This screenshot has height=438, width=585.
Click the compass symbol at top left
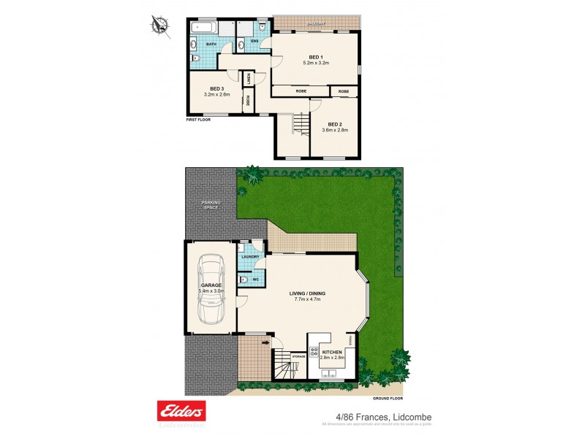[x=160, y=26]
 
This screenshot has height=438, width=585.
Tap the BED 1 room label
[x=316, y=57]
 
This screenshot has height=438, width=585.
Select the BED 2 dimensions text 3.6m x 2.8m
[x=335, y=130]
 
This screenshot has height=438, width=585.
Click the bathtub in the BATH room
[x=204, y=28]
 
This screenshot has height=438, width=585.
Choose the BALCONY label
[x=316, y=23]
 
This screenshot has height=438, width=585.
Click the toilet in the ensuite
[x=261, y=28]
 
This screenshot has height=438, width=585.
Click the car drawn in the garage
[x=211, y=288]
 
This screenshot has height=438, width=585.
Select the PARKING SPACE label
[x=211, y=205]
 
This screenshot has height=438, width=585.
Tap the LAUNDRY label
[x=249, y=257]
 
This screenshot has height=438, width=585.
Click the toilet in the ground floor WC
[x=244, y=279]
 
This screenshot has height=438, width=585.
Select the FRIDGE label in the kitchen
[x=350, y=341]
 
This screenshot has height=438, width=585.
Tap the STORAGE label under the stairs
[x=298, y=356]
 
